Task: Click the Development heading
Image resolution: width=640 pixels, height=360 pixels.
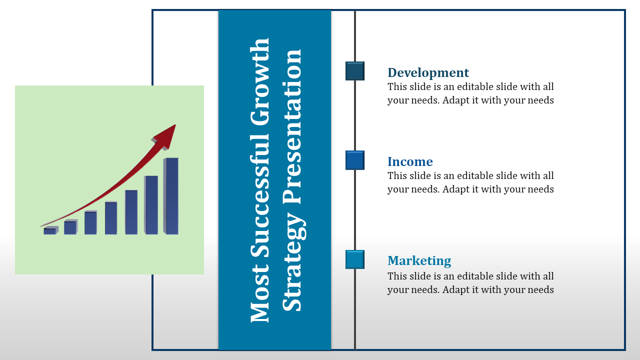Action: point(428,72)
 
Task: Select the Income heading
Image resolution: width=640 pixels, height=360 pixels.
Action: point(410,161)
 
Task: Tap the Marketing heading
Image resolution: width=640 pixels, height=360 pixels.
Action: point(419,260)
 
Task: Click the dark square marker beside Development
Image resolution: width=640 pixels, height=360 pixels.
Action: point(355,71)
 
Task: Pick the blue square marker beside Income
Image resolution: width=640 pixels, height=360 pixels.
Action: point(355,160)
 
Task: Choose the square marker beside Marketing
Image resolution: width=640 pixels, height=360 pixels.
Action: point(355,259)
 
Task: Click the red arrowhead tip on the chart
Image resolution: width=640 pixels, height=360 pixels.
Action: point(175,125)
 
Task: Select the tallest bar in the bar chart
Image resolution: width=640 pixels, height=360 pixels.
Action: point(171,196)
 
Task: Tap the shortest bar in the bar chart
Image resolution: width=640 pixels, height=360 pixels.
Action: point(51,230)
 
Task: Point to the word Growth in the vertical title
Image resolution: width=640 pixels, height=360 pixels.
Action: point(259,82)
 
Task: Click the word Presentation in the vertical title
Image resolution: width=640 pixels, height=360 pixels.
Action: point(292,127)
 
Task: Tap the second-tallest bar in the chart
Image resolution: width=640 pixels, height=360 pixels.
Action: point(151,205)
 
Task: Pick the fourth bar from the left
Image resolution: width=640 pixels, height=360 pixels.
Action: point(111,218)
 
